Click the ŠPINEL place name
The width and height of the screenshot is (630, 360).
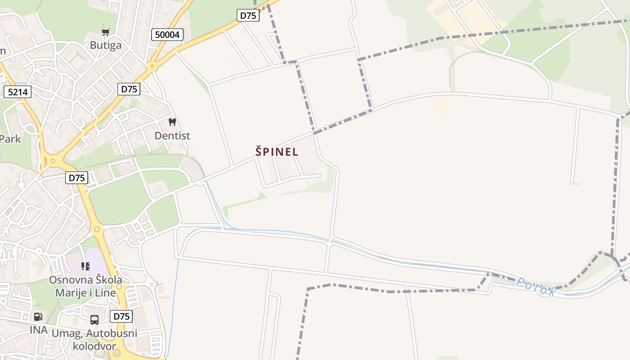point(277,152)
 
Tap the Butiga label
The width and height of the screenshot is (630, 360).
point(106,45)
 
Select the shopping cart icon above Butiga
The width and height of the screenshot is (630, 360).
point(105,32)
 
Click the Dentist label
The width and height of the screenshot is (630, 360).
point(172,135)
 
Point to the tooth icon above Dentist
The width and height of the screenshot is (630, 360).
point(172,122)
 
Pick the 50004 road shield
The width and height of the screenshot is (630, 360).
point(167,35)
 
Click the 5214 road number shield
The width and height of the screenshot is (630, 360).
point(18,92)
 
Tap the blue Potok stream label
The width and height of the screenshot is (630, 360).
point(535,286)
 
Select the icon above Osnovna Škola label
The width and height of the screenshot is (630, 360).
point(85,266)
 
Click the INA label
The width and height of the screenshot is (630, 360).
point(39,330)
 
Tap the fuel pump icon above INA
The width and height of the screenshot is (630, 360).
point(38,317)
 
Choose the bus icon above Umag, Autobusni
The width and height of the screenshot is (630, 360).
point(94,320)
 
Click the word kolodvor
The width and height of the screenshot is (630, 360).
point(94,346)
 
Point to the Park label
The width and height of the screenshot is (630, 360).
point(10,139)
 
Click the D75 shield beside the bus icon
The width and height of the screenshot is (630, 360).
point(121,316)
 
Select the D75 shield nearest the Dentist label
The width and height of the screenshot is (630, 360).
point(129,89)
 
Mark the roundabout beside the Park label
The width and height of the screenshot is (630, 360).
point(53,160)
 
